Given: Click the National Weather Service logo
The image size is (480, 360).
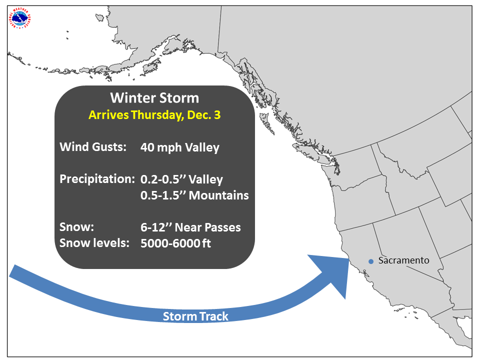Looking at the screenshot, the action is pyautogui.click(x=20, y=19).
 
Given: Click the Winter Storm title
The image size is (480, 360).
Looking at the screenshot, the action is pyautogui.click(x=154, y=98).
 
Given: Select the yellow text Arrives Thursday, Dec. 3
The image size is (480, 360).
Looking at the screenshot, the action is pyautogui.click(x=154, y=115).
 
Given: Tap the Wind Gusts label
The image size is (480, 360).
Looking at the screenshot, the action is pyautogui.click(x=93, y=147).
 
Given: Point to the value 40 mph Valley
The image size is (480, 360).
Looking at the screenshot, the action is pyautogui.click(x=180, y=147).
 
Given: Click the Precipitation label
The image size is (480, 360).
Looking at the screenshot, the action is pyautogui.click(x=97, y=179).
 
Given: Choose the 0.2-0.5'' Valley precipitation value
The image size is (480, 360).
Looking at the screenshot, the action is pyautogui.click(x=182, y=179).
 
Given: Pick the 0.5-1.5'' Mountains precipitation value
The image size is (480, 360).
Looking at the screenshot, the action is pyautogui.click(x=194, y=195).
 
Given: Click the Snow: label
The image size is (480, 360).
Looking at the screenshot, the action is pyautogui.click(x=77, y=227).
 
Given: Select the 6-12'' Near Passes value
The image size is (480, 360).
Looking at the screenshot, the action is pyautogui.click(x=190, y=227).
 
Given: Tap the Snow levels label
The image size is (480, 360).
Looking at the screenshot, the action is pyautogui.click(x=94, y=243).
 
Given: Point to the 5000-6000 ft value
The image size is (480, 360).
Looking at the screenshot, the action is pyautogui.click(x=175, y=243).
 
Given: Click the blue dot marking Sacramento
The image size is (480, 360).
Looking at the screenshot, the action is pyautogui.click(x=371, y=261).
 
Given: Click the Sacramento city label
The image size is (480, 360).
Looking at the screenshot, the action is pyautogui.click(x=404, y=260).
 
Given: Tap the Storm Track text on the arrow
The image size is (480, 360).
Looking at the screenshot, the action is pyautogui.click(x=195, y=316).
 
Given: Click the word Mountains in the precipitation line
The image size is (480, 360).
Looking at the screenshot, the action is pyautogui.click(x=219, y=195).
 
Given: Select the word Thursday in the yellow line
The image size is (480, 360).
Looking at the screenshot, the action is pyautogui.click(x=157, y=115).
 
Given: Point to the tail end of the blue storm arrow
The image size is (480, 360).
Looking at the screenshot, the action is pyautogui.click(x=12, y=271).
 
